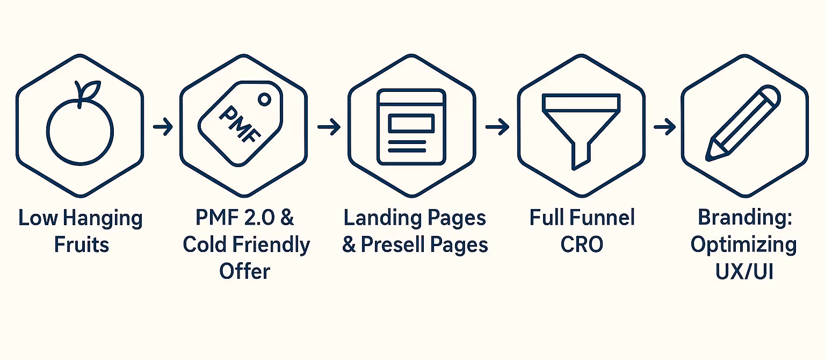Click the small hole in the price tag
click(x=264, y=99)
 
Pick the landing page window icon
click(x=411, y=127)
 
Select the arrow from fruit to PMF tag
click(x=162, y=127)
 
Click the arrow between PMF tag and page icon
click(x=329, y=127)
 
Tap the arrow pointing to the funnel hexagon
click(x=497, y=127)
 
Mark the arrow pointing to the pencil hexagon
click(x=664, y=127)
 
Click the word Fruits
click(x=81, y=245)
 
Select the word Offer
click(x=244, y=271)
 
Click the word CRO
click(x=582, y=245)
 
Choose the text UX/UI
click(x=744, y=271)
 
